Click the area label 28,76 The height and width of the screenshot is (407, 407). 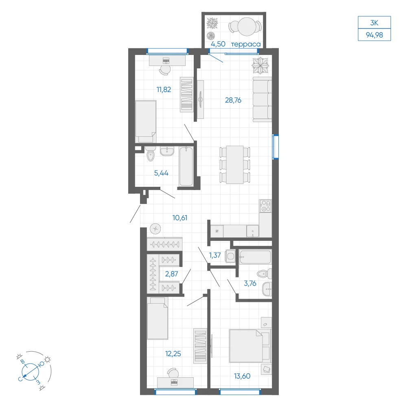(x=233, y=100)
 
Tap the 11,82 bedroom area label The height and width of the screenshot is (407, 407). (x=164, y=90)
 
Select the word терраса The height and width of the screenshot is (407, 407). (x=246, y=44)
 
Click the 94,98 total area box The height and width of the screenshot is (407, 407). (x=374, y=35)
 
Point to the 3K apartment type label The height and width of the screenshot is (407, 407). (x=374, y=23)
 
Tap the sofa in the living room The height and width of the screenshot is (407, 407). (x=262, y=99)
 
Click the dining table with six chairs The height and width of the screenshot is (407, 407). (x=235, y=165)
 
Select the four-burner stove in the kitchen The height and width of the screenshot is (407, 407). (x=265, y=206)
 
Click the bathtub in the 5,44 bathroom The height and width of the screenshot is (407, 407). (x=186, y=166)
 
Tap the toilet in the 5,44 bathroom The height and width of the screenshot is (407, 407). (x=150, y=154)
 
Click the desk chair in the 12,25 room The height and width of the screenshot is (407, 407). (x=173, y=373)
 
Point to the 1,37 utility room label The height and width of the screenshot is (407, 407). (x=215, y=256)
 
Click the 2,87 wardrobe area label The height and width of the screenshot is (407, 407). (x=172, y=274)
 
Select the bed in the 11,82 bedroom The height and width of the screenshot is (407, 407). (x=146, y=121)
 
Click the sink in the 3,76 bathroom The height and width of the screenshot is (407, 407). (x=267, y=289)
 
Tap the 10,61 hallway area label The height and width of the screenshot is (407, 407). (x=180, y=218)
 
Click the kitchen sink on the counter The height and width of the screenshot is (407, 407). (x=253, y=231)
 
